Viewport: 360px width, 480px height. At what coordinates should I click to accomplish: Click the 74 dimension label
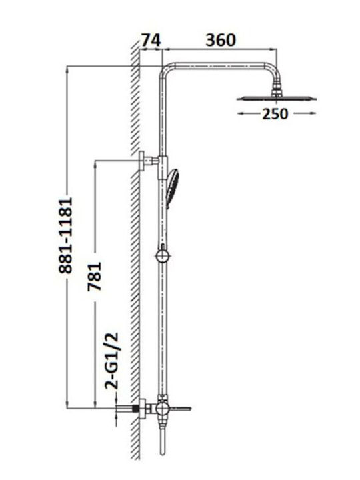[151, 40]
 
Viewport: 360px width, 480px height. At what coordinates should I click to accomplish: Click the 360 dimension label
[221, 40]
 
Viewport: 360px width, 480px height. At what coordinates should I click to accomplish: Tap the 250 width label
[275, 114]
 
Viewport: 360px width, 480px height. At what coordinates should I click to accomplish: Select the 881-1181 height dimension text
[66, 235]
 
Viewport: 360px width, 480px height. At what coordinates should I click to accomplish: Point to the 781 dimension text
[94, 277]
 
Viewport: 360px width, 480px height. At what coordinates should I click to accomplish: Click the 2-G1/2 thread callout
[111, 361]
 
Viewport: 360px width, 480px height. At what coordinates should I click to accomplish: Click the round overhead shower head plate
[277, 99]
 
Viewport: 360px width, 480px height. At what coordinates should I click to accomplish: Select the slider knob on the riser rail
[162, 255]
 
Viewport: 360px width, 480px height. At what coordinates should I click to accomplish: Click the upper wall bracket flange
[142, 161]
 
